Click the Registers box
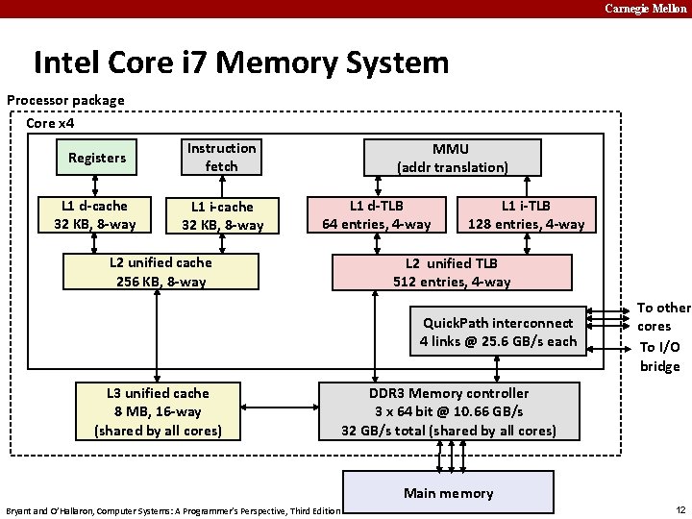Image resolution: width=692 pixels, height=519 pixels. (x=97, y=158)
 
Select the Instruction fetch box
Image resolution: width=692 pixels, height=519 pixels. (x=222, y=158)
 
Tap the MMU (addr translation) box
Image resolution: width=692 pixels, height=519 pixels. (x=453, y=158)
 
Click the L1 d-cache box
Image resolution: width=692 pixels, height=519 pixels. (x=94, y=215)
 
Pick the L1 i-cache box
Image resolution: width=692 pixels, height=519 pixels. (x=222, y=216)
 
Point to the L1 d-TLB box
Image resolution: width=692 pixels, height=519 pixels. (x=376, y=215)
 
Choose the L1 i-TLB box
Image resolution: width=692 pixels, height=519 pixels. (x=526, y=215)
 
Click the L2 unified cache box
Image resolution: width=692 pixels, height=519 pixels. (x=161, y=272)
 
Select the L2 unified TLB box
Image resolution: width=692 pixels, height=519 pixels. (x=452, y=272)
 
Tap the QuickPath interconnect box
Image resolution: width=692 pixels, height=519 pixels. (x=498, y=332)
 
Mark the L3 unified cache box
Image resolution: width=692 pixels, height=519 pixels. (x=158, y=411)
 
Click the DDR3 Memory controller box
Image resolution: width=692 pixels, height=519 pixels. (x=449, y=411)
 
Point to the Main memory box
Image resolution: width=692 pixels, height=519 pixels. (x=448, y=493)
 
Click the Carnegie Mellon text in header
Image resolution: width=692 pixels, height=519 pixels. (x=646, y=9)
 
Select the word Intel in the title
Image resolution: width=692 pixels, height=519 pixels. (x=68, y=62)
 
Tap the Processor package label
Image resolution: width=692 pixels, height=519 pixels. (x=65, y=100)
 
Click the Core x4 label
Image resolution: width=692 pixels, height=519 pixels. (x=50, y=123)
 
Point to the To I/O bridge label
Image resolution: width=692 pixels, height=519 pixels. (x=660, y=357)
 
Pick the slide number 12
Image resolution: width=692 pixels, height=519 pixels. (x=680, y=509)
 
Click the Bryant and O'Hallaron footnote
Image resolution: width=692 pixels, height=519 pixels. (x=173, y=510)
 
